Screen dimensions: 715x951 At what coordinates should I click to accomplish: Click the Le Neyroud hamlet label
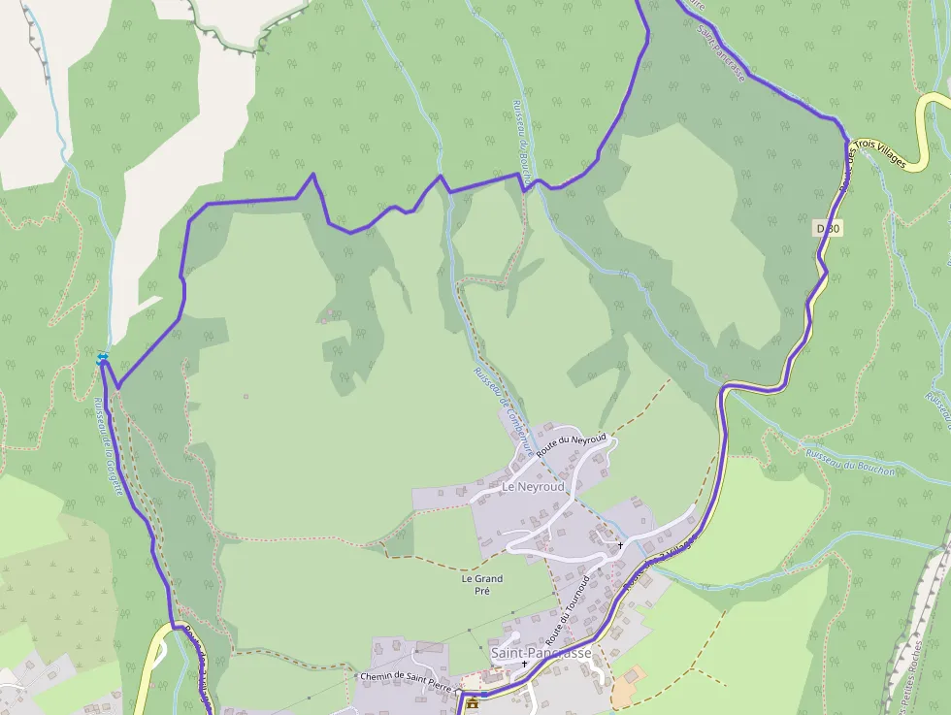click(533, 486)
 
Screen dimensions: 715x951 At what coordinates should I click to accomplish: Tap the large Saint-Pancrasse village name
click(541, 653)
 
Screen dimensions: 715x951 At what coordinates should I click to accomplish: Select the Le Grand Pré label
click(481, 584)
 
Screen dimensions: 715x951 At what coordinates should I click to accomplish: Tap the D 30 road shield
click(828, 228)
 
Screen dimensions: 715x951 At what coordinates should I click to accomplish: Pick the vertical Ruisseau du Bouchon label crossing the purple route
click(523, 146)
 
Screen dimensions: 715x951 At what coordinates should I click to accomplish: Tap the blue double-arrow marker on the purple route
click(103, 360)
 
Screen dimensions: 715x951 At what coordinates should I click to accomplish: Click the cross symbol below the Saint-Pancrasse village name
click(525, 666)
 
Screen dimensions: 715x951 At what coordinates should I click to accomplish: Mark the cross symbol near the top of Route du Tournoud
click(620, 545)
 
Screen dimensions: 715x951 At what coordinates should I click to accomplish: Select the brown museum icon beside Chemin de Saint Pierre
click(473, 702)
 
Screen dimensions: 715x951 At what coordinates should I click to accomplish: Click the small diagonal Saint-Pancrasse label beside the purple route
click(721, 60)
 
